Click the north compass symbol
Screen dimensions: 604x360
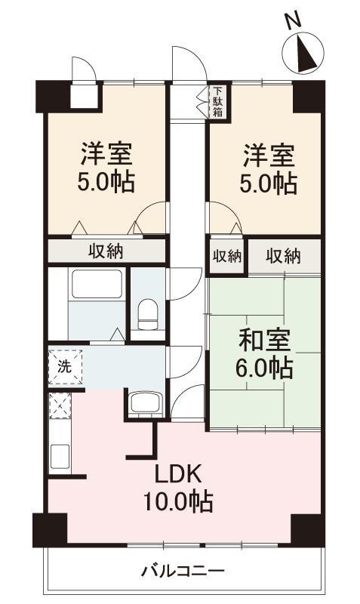point(304,54)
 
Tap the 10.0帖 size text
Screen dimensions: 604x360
point(179,501)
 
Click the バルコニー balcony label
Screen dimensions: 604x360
point(183,570)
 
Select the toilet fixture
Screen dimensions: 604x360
point(148,313)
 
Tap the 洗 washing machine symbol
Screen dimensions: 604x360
point(65,368)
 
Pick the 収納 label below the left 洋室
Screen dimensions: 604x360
point(106,251)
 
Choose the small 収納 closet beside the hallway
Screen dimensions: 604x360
point(226,256)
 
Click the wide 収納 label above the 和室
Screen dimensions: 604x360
point(282,256)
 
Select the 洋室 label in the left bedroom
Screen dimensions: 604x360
point(106,156)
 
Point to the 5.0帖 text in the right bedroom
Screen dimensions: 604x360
point(267,183)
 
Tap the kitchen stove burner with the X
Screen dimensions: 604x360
point(59,406)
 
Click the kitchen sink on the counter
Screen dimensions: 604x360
point(59,455)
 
